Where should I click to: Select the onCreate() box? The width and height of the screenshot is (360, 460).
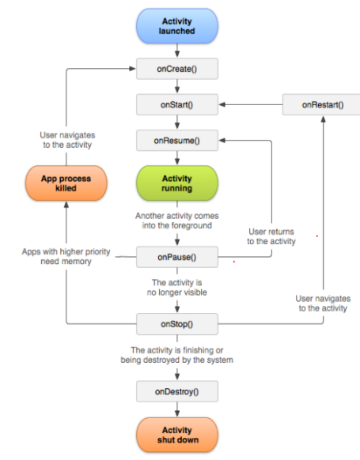[177, 69]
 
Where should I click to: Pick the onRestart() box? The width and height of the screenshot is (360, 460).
[323, 104]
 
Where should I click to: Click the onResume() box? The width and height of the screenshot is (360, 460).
[177, 141]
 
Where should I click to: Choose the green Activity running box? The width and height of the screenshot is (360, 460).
[177, 183]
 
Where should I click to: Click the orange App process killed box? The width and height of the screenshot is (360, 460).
[66, 184]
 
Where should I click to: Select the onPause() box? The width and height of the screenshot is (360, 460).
[177, 257]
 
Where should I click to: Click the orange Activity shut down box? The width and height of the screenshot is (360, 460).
[177, 434]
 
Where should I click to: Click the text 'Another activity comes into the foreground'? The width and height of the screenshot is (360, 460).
[177, 221]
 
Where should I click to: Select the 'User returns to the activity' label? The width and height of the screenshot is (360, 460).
[271, 236]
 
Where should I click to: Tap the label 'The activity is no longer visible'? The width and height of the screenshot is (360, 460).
[177, 288]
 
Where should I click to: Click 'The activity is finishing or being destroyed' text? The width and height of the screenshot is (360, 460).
[177, 355]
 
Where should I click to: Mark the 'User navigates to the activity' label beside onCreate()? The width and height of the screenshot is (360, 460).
[66, 141]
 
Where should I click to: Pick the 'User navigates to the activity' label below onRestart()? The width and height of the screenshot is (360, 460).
[321, 304]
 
